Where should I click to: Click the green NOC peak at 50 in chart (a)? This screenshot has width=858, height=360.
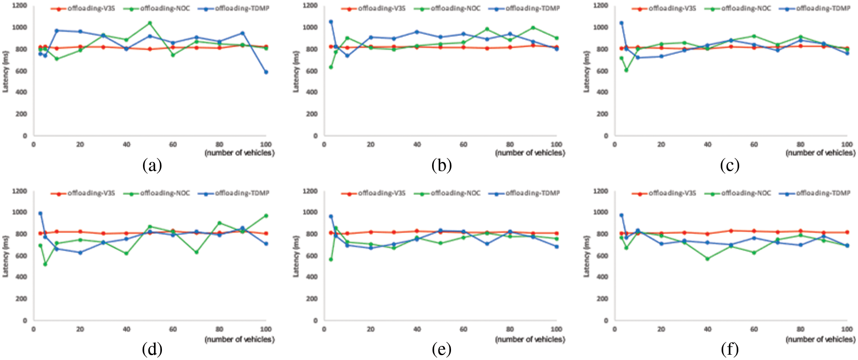(x=150, y=23)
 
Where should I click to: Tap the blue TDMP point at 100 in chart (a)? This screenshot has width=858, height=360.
(x=266, y=72)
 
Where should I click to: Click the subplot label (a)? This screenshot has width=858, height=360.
(x=152, y=165)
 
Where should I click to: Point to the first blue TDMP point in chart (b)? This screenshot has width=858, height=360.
(x=331, y=22)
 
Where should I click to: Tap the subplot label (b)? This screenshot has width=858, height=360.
(x=442, y=165)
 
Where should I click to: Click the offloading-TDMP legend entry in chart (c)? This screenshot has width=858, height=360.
(x=814, y=8)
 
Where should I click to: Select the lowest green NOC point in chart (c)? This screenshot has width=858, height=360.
(x=626, y=70)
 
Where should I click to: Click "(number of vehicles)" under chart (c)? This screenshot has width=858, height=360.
(x=821, y=153)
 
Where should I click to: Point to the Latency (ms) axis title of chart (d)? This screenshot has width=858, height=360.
(x=6, y=256)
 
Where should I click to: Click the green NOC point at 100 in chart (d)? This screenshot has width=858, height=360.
(x=266, y=216)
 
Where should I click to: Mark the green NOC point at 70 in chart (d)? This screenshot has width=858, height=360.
(x=196, y=252)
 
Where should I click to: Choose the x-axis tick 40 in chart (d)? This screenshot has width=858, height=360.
(x=126, y=329)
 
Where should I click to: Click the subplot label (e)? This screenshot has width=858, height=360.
(x=442, y=349)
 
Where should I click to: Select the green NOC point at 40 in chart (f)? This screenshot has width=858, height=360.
(x=708, y=259)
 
